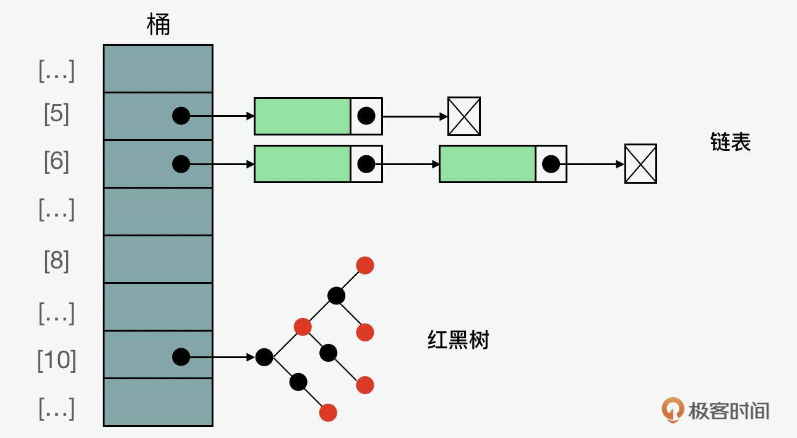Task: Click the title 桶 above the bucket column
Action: (158, 25)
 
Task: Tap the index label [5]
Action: (56, 114)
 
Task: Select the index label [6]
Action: (56, 162)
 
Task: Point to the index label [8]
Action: (56, 261)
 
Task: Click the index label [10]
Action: (56, 359)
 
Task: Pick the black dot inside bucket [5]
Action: (181, 116)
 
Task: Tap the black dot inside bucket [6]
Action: (181, 164)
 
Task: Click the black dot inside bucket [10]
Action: (181, 357)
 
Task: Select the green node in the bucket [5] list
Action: (303, 116)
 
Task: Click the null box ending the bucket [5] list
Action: (464, 116)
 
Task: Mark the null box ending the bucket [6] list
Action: (640, 164)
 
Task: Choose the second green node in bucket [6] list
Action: (487, 164)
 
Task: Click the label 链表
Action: (730, 142)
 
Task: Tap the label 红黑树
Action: (458, 340)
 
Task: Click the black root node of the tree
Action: (264, 357)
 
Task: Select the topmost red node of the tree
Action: (365, 265)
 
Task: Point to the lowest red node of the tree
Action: (328, 413)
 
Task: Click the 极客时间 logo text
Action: (728, 410)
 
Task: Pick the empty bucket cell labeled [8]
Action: (158, 259)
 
